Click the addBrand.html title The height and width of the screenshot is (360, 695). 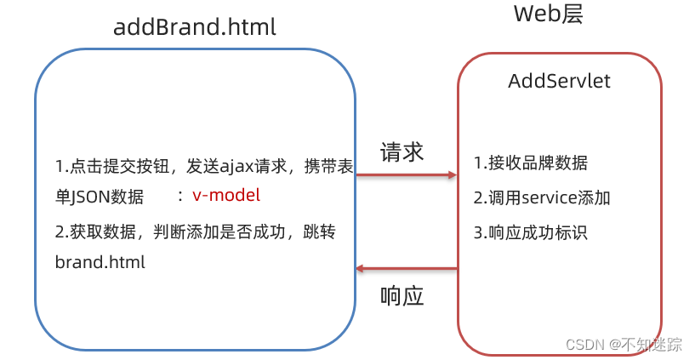195,26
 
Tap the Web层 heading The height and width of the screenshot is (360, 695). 549,14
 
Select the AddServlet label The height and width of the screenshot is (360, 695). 559,82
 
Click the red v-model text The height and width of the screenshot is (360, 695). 225,195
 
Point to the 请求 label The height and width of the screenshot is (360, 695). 402,152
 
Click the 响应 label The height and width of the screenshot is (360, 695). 402,297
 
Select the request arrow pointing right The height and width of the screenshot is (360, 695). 406,175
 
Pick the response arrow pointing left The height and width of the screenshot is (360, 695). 406,269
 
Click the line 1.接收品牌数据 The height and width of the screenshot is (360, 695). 530,163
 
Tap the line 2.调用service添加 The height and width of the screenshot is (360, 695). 542,198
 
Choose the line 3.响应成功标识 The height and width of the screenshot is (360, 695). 530,232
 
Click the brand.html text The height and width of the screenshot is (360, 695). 100,262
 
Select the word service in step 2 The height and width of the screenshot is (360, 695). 547,198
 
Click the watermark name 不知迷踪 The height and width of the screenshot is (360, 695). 652,344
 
